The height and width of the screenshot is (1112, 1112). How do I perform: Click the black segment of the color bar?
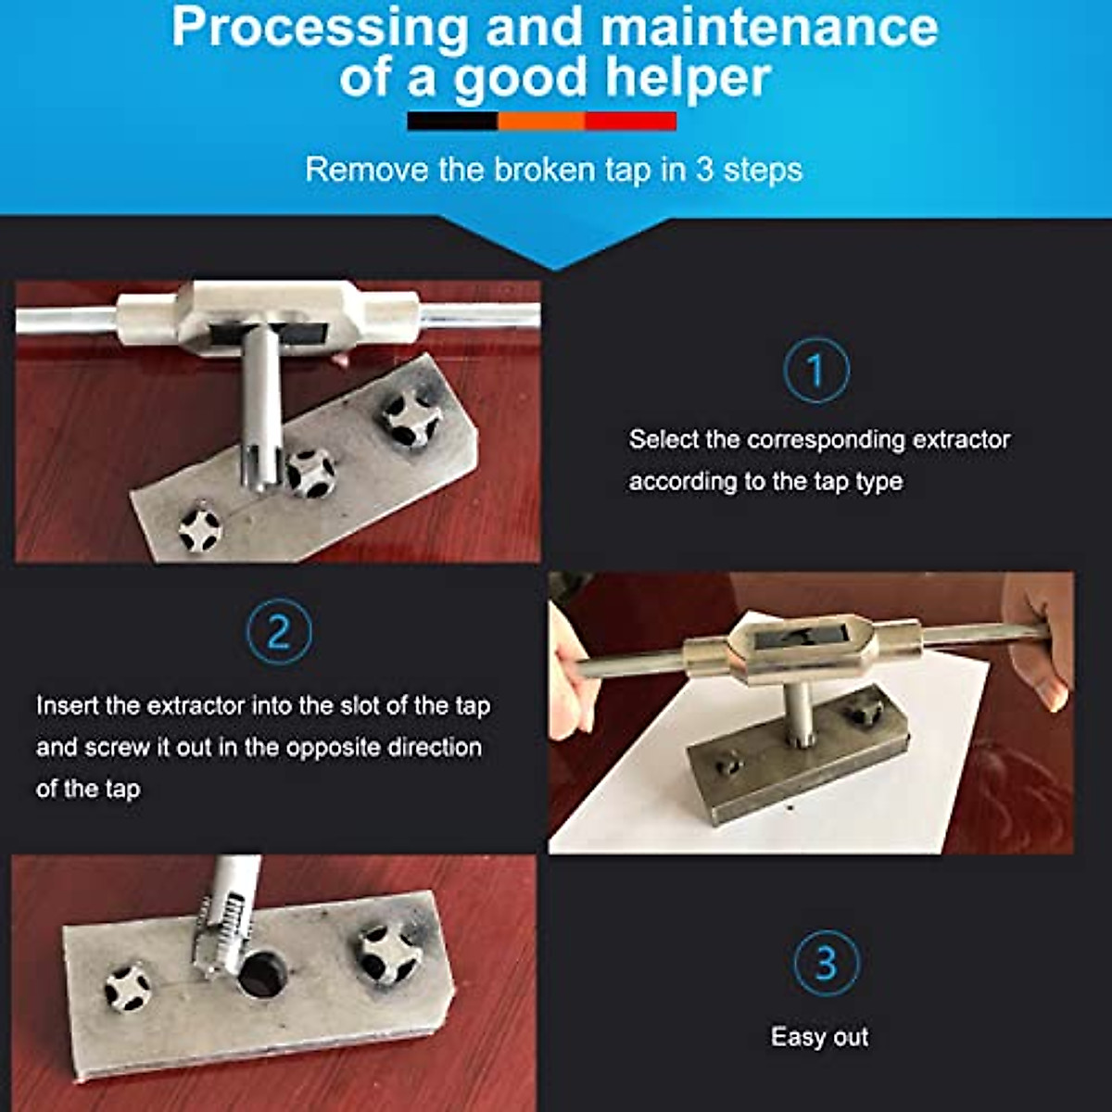[x=452, y=121]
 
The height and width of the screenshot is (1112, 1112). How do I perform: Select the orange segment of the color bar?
[x=541, y=121]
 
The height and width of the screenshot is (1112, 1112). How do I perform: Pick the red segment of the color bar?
[x=630, y=121]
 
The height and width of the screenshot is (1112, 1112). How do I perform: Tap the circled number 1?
[x=815, y=371]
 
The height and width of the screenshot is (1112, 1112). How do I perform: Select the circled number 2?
[x=279, y=632]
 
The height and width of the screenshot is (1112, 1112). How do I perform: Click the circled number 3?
[x=826, y=963]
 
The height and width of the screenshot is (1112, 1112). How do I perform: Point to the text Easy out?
[x=819, y=1036]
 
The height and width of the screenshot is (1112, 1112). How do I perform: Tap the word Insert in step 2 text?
[x=67, y=706]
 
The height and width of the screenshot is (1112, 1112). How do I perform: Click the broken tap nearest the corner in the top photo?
[x=200, y=527]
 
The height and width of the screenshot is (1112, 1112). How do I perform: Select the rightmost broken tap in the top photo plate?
[x=411, y=417]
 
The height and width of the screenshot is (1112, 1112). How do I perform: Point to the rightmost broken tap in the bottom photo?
[x=386, y=953]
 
